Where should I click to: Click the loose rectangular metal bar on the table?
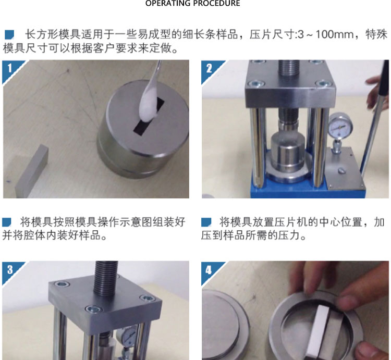click(x=31, y=172)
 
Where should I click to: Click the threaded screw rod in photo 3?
click(x=106, y=278)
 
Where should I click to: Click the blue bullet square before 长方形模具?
click(x=9, y=34)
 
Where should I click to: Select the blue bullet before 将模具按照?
click(x=7, y=222)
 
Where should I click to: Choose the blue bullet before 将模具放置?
click(x=206, y=222)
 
